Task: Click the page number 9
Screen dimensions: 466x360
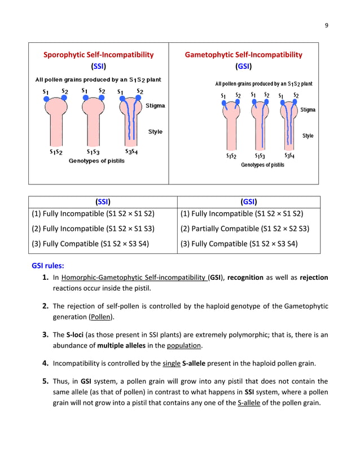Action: coord(326,25)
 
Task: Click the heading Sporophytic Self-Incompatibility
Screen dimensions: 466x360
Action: coord(99,55)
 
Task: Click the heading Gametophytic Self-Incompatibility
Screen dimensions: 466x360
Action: coord(243,55)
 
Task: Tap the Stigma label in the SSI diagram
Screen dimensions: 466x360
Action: coord(155,105)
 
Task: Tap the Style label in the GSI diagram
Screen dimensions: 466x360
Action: coord(308,136)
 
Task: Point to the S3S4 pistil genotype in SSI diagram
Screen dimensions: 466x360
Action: coord(131,152)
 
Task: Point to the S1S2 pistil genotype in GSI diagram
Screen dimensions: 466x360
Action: coord(231,156)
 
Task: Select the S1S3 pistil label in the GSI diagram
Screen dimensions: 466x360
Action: coord(260,156)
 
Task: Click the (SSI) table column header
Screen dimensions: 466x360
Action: coord(103,202)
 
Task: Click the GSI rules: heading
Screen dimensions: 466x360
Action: coord(47,265)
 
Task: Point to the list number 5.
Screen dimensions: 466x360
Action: coord(45,381)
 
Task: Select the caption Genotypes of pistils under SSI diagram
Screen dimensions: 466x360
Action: coord(96,161)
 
